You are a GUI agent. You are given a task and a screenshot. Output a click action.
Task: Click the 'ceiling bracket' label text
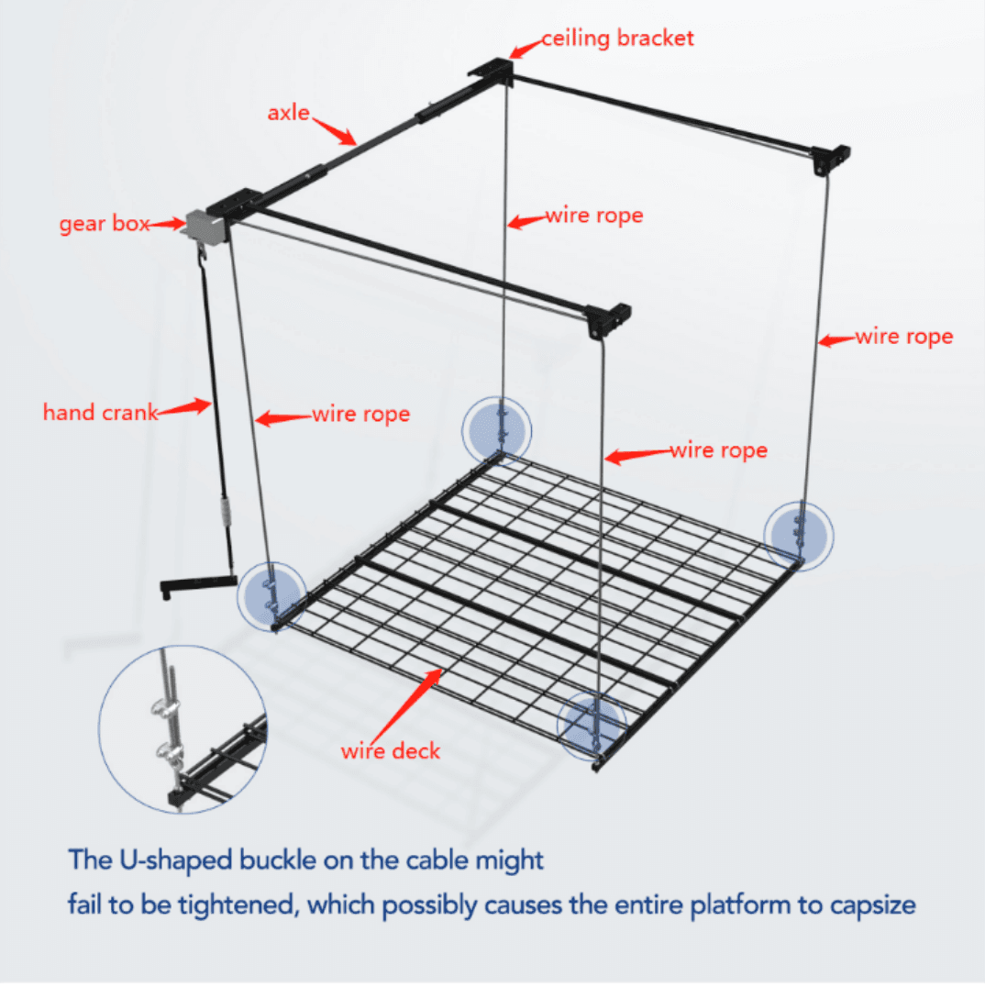617,39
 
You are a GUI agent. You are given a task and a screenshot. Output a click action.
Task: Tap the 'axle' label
288,114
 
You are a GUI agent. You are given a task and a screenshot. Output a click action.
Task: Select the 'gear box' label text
104,224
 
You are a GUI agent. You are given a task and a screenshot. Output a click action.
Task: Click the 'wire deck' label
391,751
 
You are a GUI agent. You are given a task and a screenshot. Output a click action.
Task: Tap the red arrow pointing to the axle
335,129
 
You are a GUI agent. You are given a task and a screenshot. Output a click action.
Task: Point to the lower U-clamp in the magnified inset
171,753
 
